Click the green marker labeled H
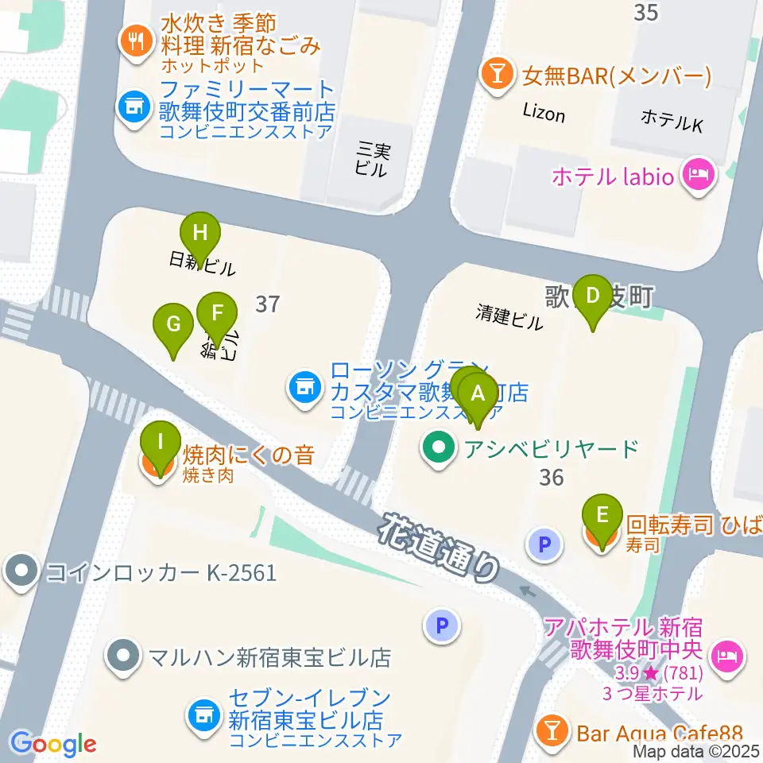[x=200, y=234]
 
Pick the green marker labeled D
[x=592, y=296]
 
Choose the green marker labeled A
[x=478, y=393]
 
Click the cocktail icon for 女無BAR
[x=498, y=76]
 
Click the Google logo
[x=52, y=745]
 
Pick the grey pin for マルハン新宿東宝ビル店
[x=124, y=656]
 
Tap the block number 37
[x=269, y=303]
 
